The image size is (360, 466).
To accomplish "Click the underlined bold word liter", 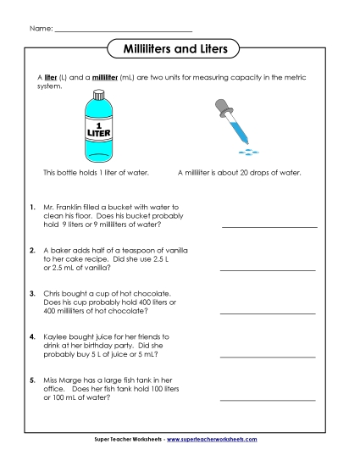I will [51, 77].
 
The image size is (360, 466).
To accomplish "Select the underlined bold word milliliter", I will [103, 77].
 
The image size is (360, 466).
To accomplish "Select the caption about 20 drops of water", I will [240, 172].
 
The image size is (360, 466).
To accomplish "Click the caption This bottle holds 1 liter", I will [96, 172].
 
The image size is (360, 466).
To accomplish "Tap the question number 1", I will [32, 207].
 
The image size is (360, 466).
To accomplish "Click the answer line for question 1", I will [268, 227].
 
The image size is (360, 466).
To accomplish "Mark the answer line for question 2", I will [268, 269].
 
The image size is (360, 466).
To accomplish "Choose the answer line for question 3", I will [268, 313].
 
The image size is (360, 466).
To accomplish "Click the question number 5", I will [32, 380].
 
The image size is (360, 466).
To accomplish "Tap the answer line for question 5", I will [268, 399].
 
